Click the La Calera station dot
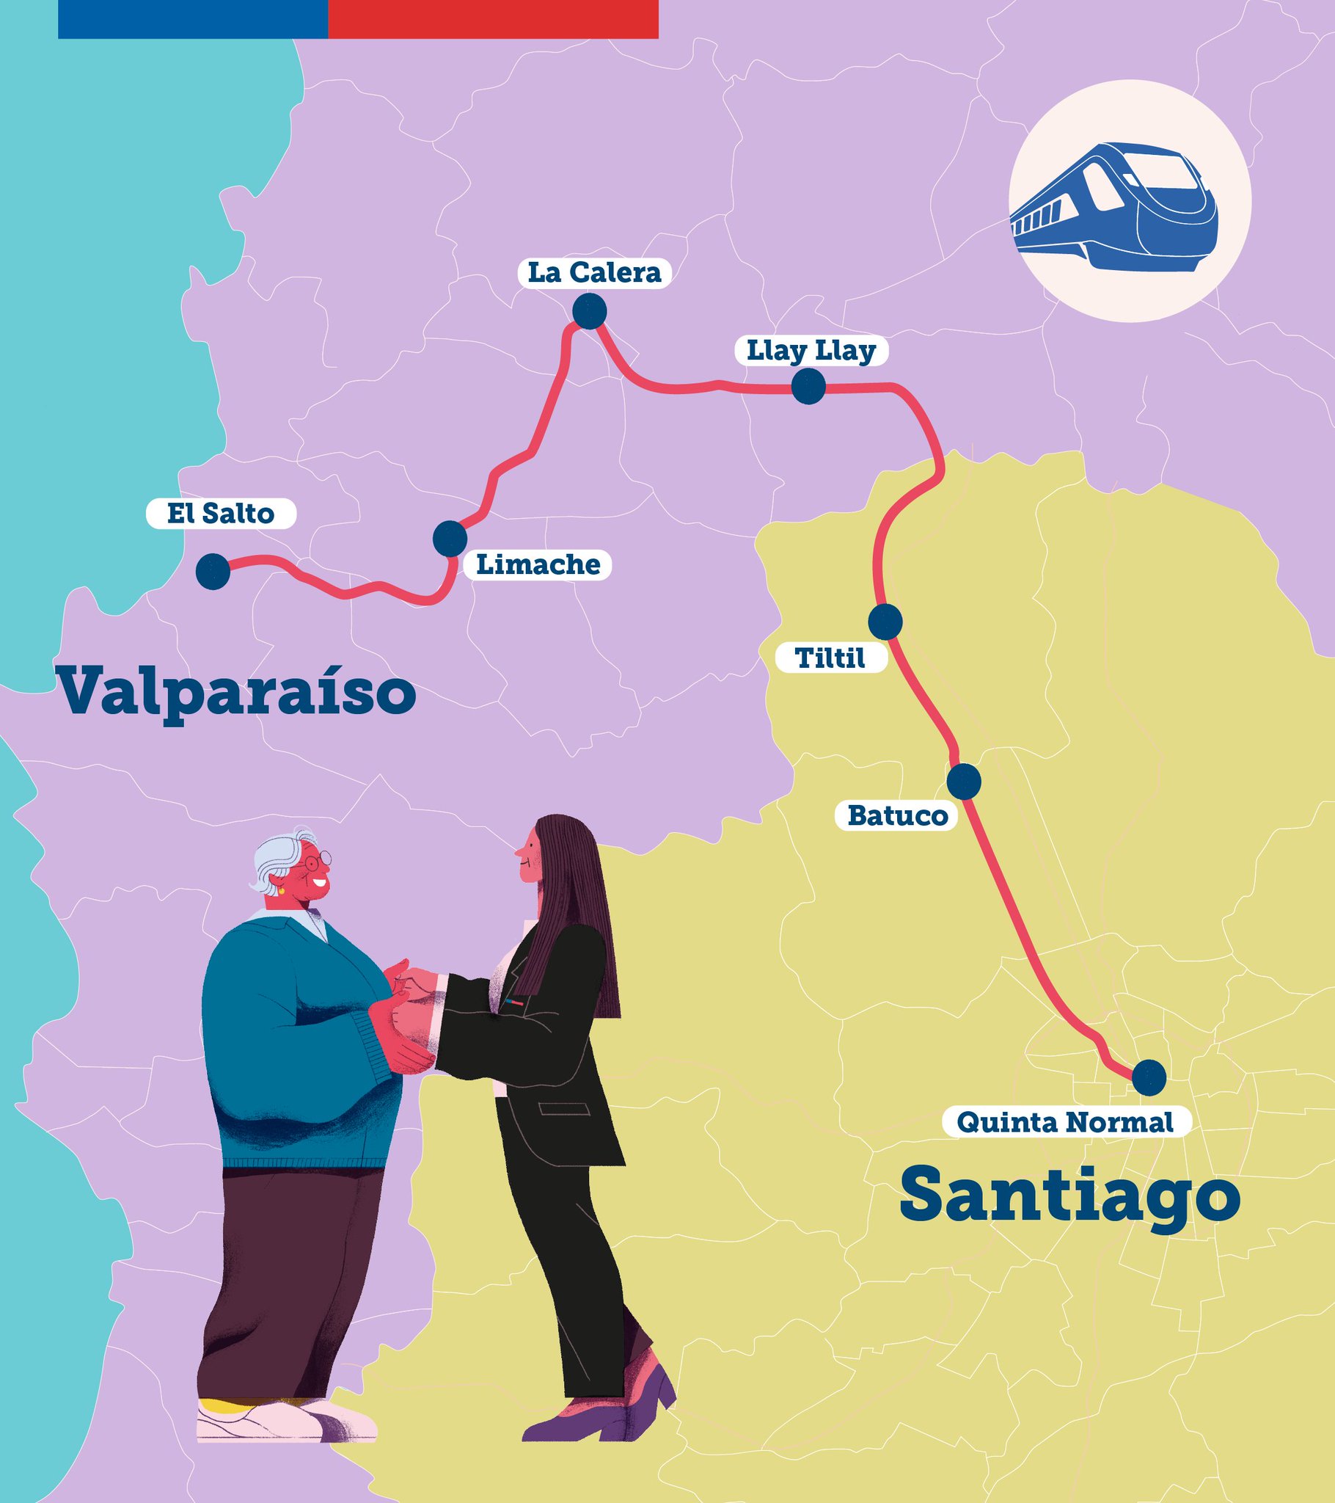click(x=590, y=311)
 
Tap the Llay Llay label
click(x=811, y=351)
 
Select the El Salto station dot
click(x=213, y=572)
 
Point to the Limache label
click(x=538, y=565)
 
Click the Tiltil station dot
click(x=885, y=622)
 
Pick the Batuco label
click(x=897, y=815)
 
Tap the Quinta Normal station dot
click(x=1148, y=1077)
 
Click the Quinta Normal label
click(x=1065, y=1122)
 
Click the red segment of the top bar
click(x=492, y=18)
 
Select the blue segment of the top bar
click(x=193, y=18)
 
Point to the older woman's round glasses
click(x=318, y=858)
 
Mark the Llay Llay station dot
click(x=808, y=387)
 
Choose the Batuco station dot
click(x=964, y=781)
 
